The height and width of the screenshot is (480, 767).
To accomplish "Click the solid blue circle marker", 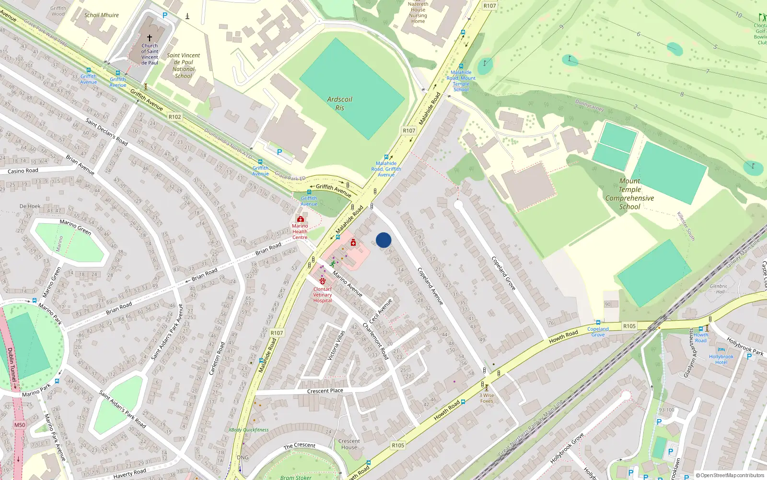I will pyautogui.click(x=383, y=240).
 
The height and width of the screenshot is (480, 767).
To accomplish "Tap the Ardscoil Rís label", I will pyautogui.click(x=339, y=104).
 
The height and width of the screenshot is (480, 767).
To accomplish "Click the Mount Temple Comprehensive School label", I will pyautogui.click(x=629, y=194).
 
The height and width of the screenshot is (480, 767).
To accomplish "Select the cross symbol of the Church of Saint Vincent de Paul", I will pyautogui.click(x=150, y=38).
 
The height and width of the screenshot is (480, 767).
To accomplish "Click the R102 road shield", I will pyautogui.click(x=175, y=117).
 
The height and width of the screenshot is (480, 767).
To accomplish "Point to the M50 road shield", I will pyautogui.click(x=20, y=425).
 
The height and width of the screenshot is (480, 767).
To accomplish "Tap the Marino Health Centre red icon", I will pyautogui.click(x=301, y=219).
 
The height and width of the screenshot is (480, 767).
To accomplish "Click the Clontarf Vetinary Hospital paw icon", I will pyautogui.click(x=323, y=281).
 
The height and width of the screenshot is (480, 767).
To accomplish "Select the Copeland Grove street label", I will pyautogui.click(x=503, y=273).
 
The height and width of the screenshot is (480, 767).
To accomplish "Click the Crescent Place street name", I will pyautogui.click(x=325, y=391).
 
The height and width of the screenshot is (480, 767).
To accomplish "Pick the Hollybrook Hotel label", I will pyautogui.click(x=721, y=359).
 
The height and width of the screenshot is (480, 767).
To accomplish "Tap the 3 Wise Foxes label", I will pyautogui.click(x=487, y=398).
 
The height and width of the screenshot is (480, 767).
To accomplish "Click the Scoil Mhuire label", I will pyautogui.click(x=102, y=15).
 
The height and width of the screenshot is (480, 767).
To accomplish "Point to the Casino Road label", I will pyautogui.click(x=23, y=171).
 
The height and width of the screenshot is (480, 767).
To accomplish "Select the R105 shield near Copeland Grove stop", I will pyautogui.click(x=629, y=326).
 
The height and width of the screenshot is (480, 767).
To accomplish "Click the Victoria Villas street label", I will pyautogui.click(x=336, y=346).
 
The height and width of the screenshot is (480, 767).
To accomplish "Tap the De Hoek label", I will pyautogui.click(x=30, y=206).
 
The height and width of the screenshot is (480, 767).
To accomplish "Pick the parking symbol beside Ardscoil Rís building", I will pyautogui.click(x=279, y=152).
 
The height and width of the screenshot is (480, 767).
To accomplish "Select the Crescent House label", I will pyautogui.click(x=349, y=444).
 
